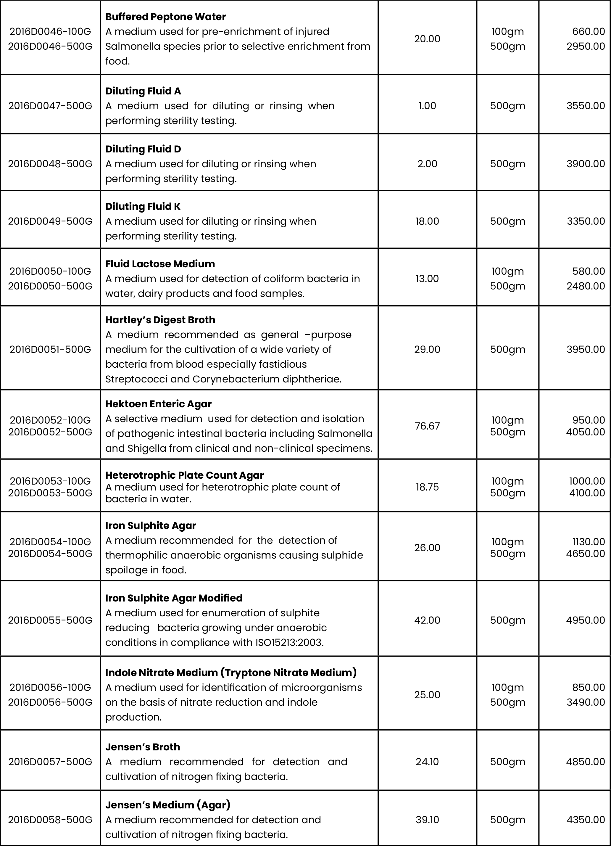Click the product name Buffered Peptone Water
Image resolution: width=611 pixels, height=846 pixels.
pyautogui.click(x=165, y=17)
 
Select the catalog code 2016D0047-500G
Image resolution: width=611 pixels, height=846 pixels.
pyautogui.click(x=50, y=106)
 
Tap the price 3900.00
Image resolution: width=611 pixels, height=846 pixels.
pyautogui.click(x=585, y=164)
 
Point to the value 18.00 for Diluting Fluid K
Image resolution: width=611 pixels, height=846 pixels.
pyautogui.click(x=427, y=221)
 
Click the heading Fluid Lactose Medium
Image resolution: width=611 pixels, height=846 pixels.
pyautogui.click(x=160, y=264)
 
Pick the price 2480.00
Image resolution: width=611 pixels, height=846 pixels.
pyautogui.click(x=585, y=286)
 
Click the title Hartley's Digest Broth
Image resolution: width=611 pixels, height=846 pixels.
pyautogui.click(x=160, y=320)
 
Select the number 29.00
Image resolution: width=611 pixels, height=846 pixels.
pyautogui.click(x=427, y=350)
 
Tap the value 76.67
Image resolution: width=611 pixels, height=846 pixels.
pyautogui.click(x=427, y=426)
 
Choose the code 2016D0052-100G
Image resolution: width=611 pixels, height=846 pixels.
pyautogui.click(x=50, y=420)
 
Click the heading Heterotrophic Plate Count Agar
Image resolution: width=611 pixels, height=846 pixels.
pyautogui.click(x=185, y=475)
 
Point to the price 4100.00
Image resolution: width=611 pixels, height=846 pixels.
pyautogui.click(x=587, y=493)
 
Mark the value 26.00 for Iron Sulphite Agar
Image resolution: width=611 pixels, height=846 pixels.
pyautogui.click(x=427, y=548)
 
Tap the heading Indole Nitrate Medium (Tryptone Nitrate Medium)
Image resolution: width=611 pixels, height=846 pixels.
pyautogui.click(x=231, y=673)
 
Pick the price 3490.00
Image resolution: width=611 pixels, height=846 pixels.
pyautogui.click(x=585, y=702)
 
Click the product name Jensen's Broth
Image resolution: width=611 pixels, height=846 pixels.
pyautogui.click(x=143, y=747)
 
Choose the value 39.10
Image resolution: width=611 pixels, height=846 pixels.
pyautogui.click(x=427, y=820)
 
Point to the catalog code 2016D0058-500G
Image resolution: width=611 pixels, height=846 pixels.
pyautogui.click(x=50, y=820)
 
